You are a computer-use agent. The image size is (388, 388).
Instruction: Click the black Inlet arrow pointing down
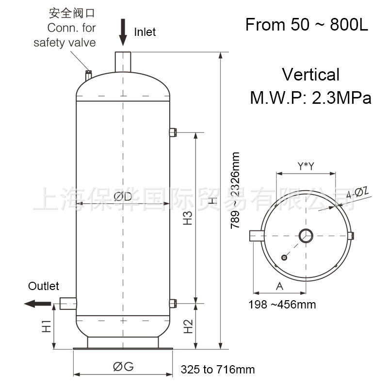[x=123, y=29]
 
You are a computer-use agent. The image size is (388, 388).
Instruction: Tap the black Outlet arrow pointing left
[x=37, y=304]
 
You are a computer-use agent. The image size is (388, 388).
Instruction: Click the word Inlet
[x=145, y=32]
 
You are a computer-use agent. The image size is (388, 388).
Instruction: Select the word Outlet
[x=44, y=286]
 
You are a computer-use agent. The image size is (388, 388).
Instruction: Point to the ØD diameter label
[x=123, y=196]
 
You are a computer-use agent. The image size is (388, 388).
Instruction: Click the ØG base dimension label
[x=123, y=367]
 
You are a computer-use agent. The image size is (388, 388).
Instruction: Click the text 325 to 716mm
[x=218, y=370]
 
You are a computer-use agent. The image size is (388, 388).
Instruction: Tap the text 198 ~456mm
[x=282, y=305]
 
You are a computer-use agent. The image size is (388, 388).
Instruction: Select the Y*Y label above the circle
[x=306, y=166]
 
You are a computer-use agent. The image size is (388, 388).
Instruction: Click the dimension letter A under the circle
[x=279, y=286]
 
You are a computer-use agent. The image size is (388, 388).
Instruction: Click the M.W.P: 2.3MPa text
[x=310, y=98]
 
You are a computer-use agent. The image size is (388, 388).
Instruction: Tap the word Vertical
[x=311, y=75]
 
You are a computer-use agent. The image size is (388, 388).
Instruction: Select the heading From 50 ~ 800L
[x=307, y=25]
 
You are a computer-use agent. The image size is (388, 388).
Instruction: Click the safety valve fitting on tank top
[x=88, y=75]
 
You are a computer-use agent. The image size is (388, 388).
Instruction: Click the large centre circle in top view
[x=306, y=236]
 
